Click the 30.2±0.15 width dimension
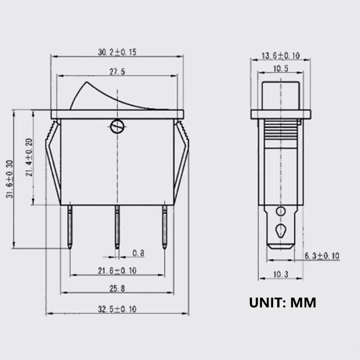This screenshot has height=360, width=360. click(117, 52)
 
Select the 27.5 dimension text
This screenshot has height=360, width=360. click(117, 72)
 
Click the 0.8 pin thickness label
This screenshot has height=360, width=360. click(138, 253)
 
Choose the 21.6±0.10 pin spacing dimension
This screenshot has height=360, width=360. click(117, 270)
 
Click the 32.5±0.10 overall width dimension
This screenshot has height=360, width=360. click(117, 309)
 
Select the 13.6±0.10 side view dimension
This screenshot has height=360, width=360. click(281, 56)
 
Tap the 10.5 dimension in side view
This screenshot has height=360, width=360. click(281, 69)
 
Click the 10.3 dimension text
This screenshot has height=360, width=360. click(280, 274)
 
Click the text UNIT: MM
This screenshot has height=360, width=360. click(283, 302)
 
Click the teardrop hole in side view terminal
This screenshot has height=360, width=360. click(281, 230)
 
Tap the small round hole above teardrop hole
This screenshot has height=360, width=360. click(281, 211)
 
